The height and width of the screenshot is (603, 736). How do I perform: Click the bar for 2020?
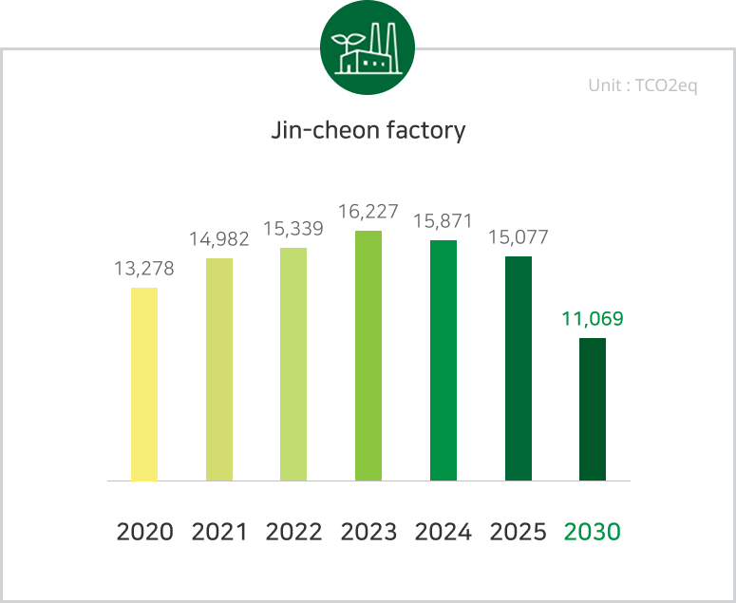144,384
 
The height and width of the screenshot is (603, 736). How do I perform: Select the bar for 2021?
219,369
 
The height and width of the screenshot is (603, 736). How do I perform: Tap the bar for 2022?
293,364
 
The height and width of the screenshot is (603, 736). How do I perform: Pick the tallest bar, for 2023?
368,355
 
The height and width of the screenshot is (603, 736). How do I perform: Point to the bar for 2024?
443,360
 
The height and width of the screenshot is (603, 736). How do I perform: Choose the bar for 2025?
519,367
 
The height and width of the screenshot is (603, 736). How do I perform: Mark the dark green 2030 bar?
593,409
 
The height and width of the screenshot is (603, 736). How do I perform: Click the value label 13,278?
144,269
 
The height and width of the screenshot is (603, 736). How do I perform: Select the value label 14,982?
219,239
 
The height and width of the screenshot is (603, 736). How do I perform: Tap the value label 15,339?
293,229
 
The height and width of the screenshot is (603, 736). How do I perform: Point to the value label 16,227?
368,212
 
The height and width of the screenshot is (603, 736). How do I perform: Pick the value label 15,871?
443,221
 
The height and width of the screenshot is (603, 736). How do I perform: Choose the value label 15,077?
519,237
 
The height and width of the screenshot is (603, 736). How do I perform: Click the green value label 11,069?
593,319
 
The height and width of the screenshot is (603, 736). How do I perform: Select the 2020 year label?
144,532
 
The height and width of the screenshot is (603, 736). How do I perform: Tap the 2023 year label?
368,532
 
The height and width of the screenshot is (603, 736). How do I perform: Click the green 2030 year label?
593,532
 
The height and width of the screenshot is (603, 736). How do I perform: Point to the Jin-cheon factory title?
368,130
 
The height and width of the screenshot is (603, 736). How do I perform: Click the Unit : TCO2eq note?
643,86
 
